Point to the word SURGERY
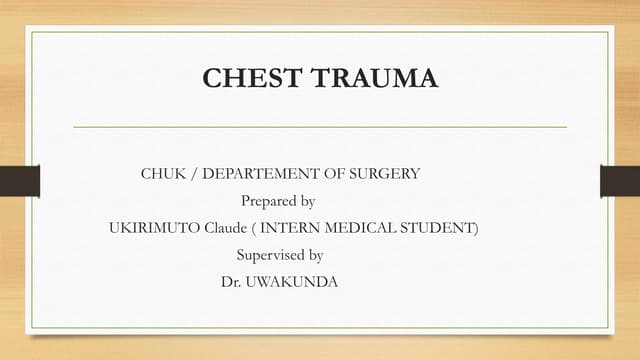click(x=385, y=174)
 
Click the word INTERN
click(x=288, y=228)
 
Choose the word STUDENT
click(x=436, y=228)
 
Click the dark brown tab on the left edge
click(x=19, y=181)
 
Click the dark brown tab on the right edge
click(x=620, y=181)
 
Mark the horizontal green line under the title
click(x=320, y=127)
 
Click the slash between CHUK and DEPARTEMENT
click(x=194, y=174)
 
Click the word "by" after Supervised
click(x=315, y=255)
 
